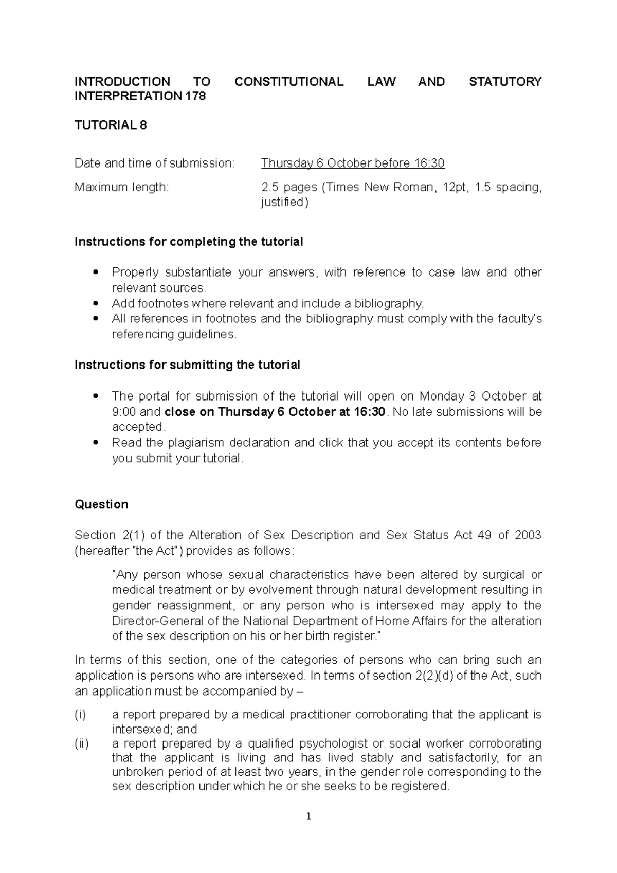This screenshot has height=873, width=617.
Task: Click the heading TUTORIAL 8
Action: (x=111, y=125)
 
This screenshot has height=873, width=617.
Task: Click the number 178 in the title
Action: (x=195, y=96)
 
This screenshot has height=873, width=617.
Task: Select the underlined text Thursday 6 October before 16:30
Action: (x=353, y=163)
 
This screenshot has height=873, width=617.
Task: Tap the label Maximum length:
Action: (x=121, y=187)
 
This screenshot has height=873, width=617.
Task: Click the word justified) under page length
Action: (x=285, y=202)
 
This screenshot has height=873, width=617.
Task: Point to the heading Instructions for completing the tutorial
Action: (x=189, y=242)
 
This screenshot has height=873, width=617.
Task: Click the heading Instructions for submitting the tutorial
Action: (x=187, y=365)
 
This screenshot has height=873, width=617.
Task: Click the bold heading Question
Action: (x=101, y=504)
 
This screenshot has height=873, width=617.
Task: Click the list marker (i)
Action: (x=81, y=715)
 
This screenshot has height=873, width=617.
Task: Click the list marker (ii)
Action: (x=82, y=743)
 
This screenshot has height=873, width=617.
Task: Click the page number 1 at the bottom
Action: (x=308, y=816)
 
